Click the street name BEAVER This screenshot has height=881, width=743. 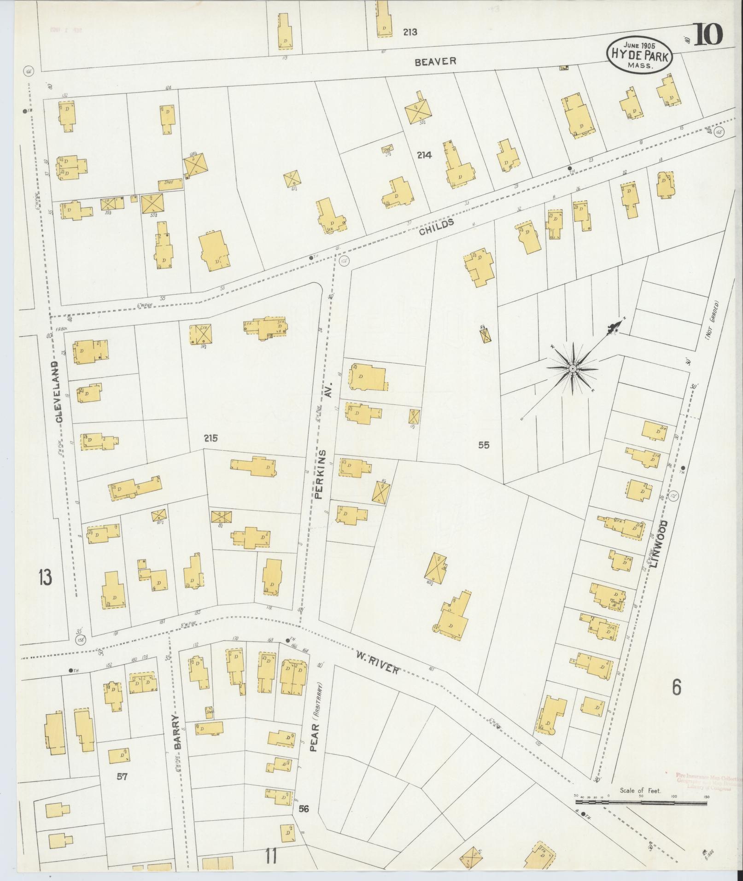[435, 61]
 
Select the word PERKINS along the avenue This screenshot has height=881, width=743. [322, 475]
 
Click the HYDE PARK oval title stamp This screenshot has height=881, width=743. [640, 54]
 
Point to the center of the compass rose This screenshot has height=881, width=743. [572, 368]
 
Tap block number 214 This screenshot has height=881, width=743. [424, 155]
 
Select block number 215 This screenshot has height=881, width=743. [211, 438]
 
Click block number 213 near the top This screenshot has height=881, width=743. [410, 32]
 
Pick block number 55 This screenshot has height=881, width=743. [484, 445]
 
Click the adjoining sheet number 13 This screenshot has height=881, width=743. [45, 578]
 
